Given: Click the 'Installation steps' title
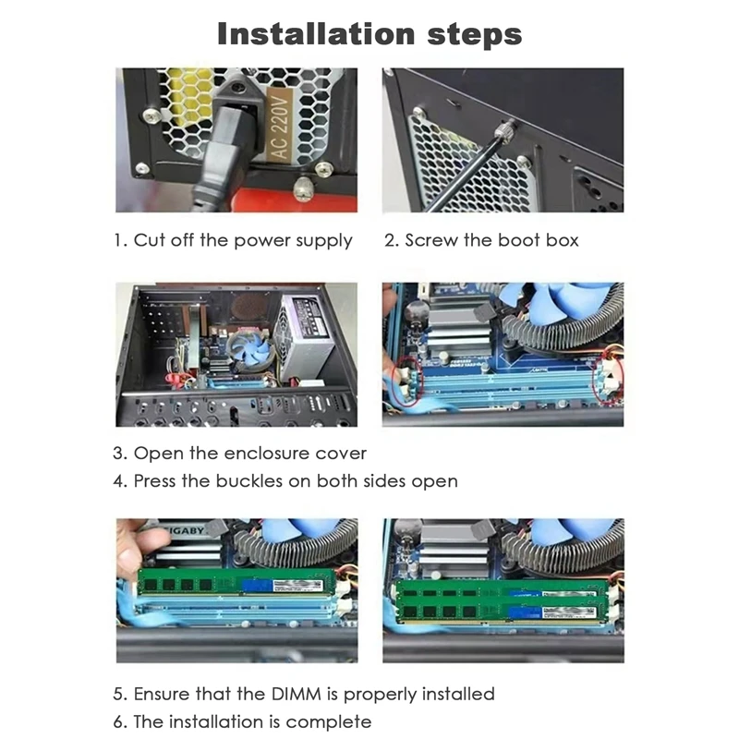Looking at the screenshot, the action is click(369, 34).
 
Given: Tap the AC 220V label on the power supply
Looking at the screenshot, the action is click(280, 126).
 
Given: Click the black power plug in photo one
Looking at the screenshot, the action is click(224, 151).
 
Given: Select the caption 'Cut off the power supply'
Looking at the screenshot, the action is click(243, 240).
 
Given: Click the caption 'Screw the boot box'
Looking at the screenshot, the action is click(491, 240).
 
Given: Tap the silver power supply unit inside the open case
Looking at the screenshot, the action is click(305, 336).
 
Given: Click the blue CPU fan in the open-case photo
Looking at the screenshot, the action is click(248, 349).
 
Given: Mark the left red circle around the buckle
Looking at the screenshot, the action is click(406, 382).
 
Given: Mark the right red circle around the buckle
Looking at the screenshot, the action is click(610, 381).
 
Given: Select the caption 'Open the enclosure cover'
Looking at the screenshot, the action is click(249, 454).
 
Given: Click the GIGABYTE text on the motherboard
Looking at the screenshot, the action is click(187, 530).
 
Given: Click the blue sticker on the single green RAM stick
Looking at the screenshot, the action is click(257, 585).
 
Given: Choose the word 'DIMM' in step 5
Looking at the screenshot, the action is click(296, 695).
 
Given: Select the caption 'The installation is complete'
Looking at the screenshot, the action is click(252, 722).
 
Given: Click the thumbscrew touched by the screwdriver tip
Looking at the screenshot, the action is click(507, 127).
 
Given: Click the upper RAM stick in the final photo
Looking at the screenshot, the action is click(503, 590).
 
